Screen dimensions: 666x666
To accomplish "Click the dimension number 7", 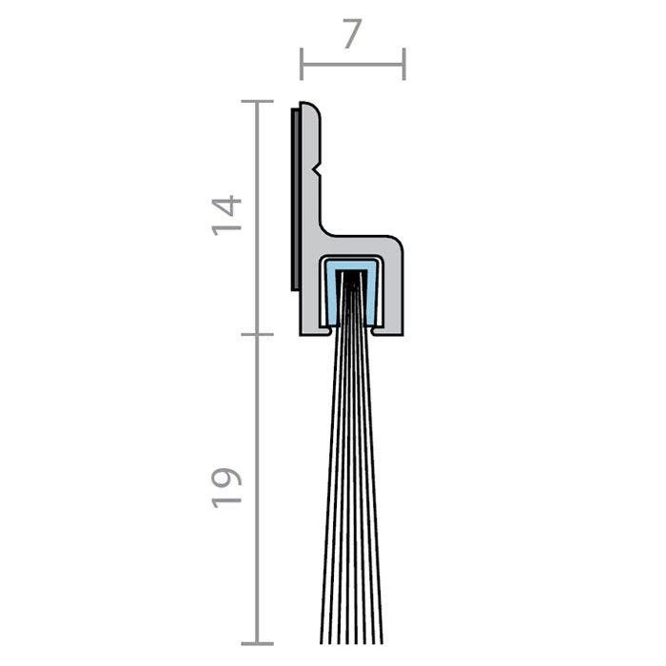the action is pyautogui.click(x=353, y=33).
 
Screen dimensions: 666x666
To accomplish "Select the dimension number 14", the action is pyautogui.click(x=226, y=215).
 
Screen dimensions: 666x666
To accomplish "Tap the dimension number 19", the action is pyautogui.click(x=226, y=488).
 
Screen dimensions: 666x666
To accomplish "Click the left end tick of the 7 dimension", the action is pyautogui.click(x=302, y=64).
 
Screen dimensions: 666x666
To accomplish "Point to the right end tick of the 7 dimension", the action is pyautogui.click(x=404, y=64).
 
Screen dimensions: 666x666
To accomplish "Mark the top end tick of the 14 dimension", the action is pyautogui.click(x=257, y=102).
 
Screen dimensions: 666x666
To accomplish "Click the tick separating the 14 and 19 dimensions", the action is pyautogui.click(x=257, y=334).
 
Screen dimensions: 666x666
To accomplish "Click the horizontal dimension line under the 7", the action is pyautogui.click(x=353, y=65).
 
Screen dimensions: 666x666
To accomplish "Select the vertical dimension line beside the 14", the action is pyautogui.click(x=257, y=218).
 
